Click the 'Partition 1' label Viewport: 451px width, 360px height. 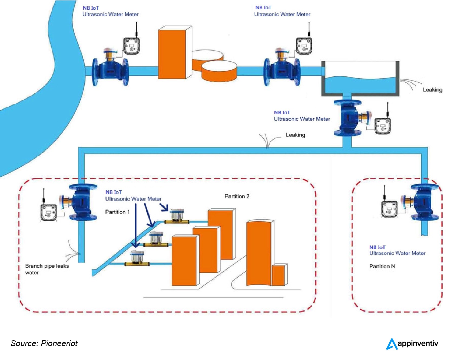[117, 212]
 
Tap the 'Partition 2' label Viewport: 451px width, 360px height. [237, 196]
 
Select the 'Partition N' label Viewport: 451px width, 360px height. [382, 266]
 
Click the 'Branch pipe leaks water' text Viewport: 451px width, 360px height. [47, 269]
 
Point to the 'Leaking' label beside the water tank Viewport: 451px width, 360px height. [432, 90]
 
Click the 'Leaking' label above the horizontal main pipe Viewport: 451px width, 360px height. [295, 135]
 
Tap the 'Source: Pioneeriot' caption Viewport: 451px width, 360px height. [44, 343]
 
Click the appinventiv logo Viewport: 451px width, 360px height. [412, 344]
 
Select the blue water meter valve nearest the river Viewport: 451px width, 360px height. [110, 71]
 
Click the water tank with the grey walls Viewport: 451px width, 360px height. [360, 78]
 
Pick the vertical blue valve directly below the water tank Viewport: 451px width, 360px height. [347, 118]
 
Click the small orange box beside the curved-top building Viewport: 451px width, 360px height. [278, 275]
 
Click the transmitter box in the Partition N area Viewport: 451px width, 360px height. [389, 209]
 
